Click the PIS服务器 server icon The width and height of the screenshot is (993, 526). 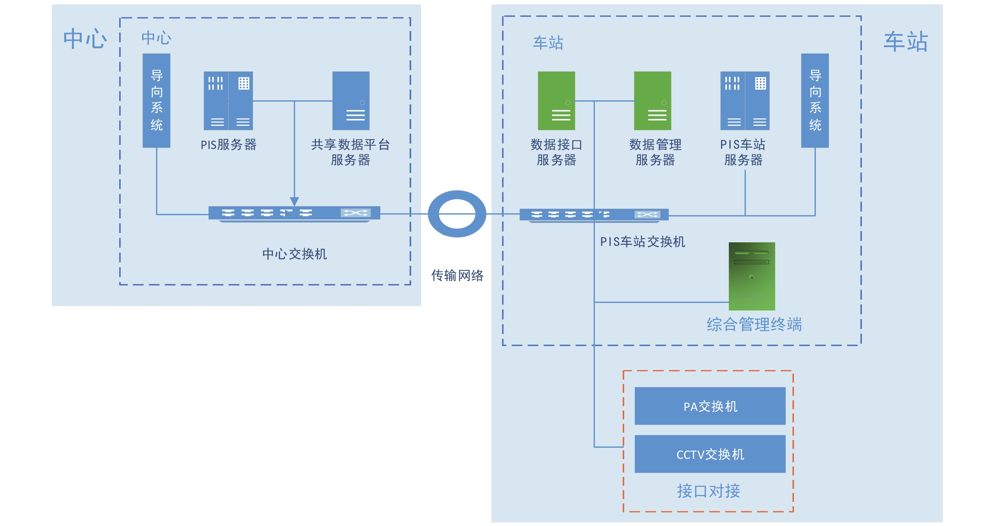point(228,101)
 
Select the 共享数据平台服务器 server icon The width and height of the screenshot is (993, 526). point(351,101)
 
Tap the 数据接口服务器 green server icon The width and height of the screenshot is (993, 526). point(556,101)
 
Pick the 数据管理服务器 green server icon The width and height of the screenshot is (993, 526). point(652,101)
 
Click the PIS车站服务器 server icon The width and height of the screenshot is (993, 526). point(745,101)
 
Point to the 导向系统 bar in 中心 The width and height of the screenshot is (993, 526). point(156,100)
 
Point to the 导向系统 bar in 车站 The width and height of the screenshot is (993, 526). point(815,100)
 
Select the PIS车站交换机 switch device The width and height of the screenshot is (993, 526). point(594,215)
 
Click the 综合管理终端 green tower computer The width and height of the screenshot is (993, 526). point(752,276)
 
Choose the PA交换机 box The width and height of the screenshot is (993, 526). point(710,406)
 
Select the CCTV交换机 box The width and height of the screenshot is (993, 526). point(710,454)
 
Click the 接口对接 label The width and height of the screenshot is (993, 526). point(709,491)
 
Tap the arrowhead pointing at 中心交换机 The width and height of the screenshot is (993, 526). point(294,201)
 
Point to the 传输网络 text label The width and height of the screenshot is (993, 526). point(457,275)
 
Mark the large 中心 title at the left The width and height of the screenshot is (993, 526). point(85,38)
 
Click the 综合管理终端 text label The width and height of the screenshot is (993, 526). point(754,324)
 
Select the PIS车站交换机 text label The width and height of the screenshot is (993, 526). point(642,242)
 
